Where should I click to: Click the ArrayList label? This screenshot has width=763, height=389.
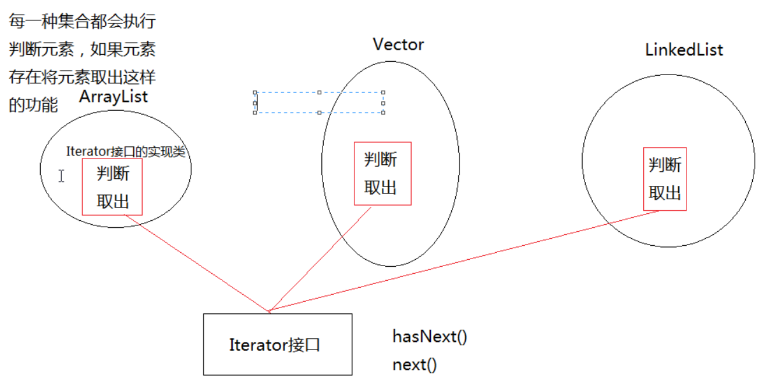tap(113, 96)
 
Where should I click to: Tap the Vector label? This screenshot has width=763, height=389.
tap(398, 44)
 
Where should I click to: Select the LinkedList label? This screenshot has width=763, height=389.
tap(684, 50)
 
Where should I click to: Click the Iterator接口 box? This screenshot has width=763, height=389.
tap(277, 344)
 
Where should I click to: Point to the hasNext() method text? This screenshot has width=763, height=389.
tap(430, 336)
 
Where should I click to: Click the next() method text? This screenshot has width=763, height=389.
tap(414, 365)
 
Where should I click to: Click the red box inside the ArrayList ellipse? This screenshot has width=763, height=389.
tap(112, 187)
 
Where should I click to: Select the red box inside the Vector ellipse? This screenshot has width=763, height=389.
tap(382, 173)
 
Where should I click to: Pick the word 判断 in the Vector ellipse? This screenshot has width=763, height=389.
tap(381, 159)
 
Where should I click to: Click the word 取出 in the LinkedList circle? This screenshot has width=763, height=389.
tap(665, 193)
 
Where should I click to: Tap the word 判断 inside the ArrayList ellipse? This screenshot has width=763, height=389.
tap(113, 173)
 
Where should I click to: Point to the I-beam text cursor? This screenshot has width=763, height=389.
tap(61, 176)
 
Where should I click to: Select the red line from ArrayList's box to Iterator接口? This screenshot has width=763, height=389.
tap(198, 263)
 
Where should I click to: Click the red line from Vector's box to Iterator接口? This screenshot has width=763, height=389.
tap(319, 259)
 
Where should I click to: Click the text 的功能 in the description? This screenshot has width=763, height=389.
tap(33, 105)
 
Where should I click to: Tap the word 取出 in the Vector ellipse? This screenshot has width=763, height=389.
tap(381, 188)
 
